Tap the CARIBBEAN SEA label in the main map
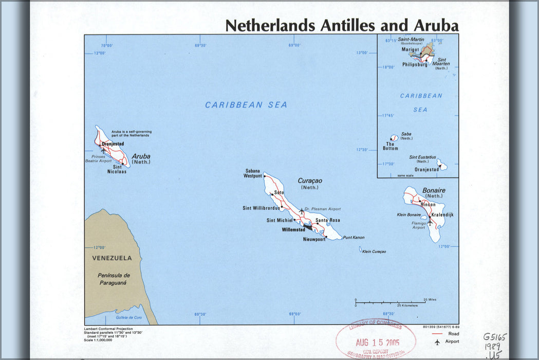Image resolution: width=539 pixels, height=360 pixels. tap(246, 105)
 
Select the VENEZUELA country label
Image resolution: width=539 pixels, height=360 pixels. tap(111, 258)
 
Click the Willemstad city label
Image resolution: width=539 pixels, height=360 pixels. tap(293, 230)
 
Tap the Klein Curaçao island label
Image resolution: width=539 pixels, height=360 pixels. tap(374, 251)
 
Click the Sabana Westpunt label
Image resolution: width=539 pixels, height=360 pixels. tap(253, 173)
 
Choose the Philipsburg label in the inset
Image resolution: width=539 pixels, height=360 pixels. tap(415, 65)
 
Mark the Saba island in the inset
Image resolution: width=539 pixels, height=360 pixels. tap(394, 138)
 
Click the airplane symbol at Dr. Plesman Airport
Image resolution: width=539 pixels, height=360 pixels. tap(302, 211)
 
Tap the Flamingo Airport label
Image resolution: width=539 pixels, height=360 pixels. tap(419, 225)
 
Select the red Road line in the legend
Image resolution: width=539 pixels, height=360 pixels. tap(437, 334)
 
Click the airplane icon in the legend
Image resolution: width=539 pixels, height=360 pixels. tap(437, 341)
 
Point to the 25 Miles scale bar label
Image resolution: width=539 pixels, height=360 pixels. tap(430, 299)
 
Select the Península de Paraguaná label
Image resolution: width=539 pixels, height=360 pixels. tap(114, 279)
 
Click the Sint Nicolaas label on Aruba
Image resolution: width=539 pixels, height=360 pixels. tap(117, 169)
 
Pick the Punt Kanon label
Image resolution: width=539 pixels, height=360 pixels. tap(354, 238)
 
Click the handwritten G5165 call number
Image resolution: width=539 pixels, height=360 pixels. tap(494, 337)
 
